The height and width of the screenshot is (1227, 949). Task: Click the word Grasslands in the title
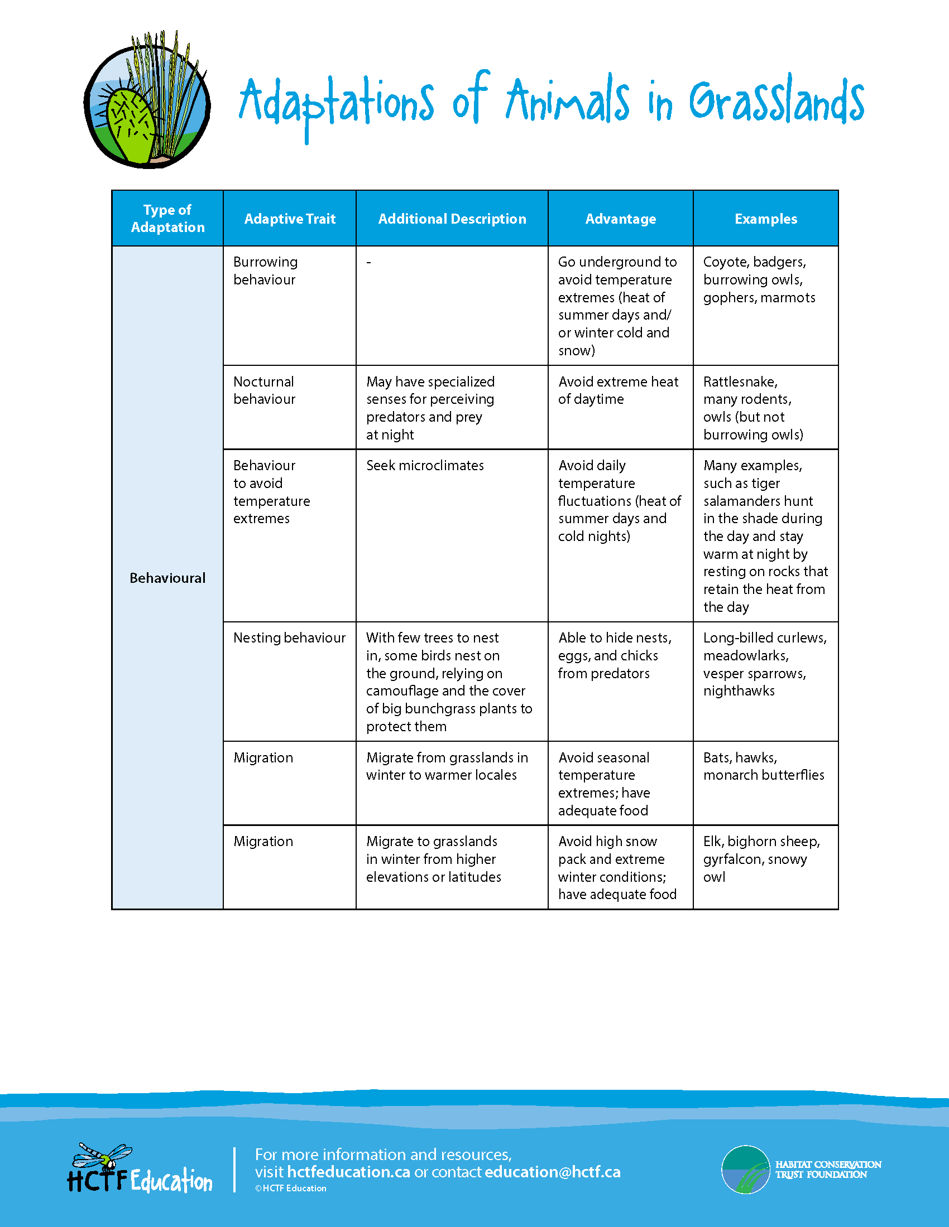776,101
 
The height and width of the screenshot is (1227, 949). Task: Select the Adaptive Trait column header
290,219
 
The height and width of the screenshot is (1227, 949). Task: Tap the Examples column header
766,219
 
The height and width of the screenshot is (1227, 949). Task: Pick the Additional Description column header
452,219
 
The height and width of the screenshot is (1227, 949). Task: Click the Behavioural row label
167,578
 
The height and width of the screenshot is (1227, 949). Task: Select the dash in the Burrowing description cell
369,262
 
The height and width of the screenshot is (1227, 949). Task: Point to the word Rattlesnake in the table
740,382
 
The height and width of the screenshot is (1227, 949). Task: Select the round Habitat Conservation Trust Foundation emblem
745,1169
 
